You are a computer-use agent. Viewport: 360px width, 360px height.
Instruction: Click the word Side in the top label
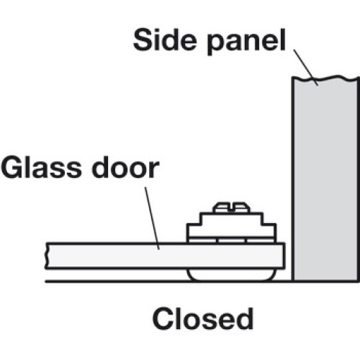pyautogui.click(x=165, y=40)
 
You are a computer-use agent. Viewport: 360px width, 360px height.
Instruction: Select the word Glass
pyautogui.click(x=42, y=167)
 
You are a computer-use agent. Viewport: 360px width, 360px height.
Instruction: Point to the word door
pyautogui.click(x=125, y=167)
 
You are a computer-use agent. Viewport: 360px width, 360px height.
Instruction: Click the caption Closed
pyautogui.click(x=203, y=318)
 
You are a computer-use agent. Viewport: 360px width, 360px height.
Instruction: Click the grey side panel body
pyautogui.click(x=325, y=179)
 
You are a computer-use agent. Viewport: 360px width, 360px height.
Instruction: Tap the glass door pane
pyautogui.click(x=166, y=256)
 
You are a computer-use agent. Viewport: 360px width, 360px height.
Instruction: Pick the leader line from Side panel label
pyautogui.click(x=306, y=68)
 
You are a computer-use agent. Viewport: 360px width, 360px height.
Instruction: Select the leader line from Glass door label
pyautogui.click(x=152, y=218)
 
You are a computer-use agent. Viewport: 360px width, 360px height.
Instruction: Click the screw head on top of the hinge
pyautogui.click(x=232, y=207)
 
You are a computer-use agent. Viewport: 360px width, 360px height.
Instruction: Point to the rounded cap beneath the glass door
pyautogui.click(x=230, y=274)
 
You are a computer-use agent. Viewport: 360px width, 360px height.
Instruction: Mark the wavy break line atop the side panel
pyautogui.click(x=325, y=78)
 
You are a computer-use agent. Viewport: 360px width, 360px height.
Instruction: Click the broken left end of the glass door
pyautogui.click(x=47, y=256)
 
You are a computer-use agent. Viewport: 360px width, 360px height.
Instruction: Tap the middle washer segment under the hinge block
pyautogui.click(x=232, y=240)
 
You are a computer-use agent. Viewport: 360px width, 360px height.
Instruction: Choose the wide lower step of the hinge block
pyautogui.click(x=232, y=230)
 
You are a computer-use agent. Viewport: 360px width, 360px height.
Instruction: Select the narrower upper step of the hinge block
pyautogui.click(x=232, y=218)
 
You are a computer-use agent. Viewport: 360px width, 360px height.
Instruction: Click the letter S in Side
pyautogui.click(x=143, y=40)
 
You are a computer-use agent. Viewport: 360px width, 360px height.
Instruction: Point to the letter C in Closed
pyautogui.click(x=163, y=318)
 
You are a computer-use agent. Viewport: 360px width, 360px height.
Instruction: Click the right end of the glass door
pyautogui.click(x=284, y=256)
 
